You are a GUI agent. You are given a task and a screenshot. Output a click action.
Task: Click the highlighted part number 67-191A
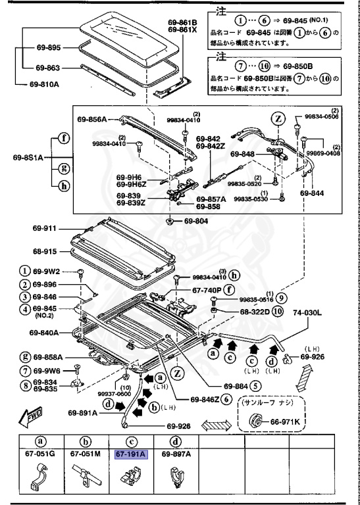pyautogui.click(x=131, y=454)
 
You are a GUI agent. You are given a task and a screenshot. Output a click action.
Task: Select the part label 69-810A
pyautogui.click(x=44, y=84)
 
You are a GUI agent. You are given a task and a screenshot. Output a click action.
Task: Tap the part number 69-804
pyautogui.click(x=195, y=221)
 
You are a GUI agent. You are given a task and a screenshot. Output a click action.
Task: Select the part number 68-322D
pyautogui.click(x=251, y=311)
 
